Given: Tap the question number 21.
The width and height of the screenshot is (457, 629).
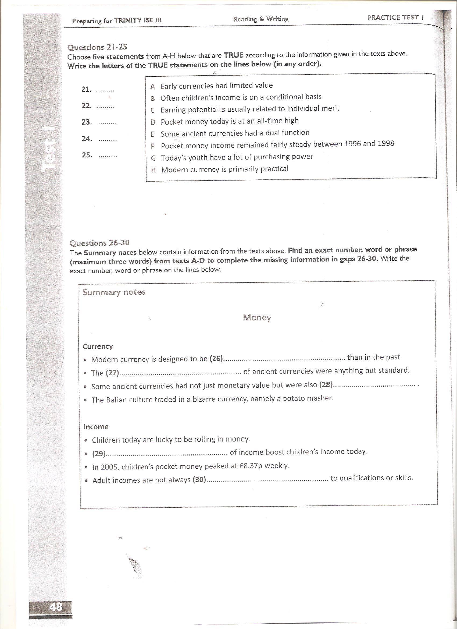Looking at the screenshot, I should pos(86,89).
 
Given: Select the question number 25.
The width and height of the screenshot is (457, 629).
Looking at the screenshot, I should pos(87,155).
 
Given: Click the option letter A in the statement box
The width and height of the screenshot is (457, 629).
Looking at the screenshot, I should pos(152,87).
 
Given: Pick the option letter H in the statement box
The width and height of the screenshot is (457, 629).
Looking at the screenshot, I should pos(153,170).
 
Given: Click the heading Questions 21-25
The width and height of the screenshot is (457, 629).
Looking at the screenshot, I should pos(97,47).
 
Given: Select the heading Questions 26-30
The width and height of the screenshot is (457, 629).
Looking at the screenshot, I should pos(99,243).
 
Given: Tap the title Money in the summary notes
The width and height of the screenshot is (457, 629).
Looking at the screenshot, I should pos(257,317).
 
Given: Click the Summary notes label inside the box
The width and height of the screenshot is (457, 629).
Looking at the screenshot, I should pos(114,292).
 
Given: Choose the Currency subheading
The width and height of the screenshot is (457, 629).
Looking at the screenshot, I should pos(98,346).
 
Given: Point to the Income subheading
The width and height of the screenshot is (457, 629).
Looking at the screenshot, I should pos(96,426).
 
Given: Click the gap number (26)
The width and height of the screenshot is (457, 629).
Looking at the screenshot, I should pos(216,359).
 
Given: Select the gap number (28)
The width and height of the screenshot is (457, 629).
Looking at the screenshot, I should pos(326,385).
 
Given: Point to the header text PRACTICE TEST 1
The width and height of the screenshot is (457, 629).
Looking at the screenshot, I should pos(395,17).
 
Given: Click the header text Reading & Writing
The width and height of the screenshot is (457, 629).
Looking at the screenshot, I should pos(261,19).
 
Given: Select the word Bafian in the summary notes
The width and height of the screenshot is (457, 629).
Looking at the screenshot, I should pos(117,400).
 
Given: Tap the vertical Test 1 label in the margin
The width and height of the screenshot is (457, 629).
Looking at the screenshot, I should pos(49,150).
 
